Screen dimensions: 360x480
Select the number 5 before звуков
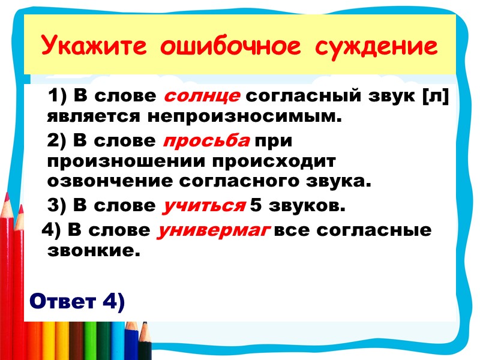[x=256, y=206]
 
